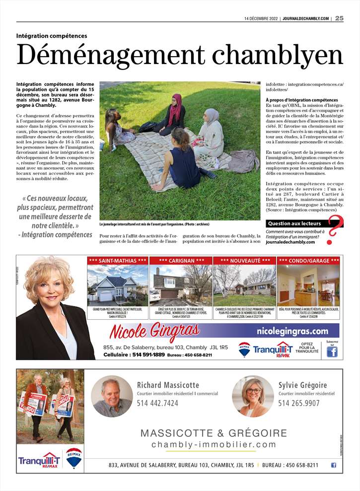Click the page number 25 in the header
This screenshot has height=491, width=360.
click(x=339, y=18)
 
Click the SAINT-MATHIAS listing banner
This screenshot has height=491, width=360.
click(x=117, y=260)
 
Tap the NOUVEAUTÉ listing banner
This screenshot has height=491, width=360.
click(x=245, y=260)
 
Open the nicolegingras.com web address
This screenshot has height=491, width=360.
click(x=292, y=331)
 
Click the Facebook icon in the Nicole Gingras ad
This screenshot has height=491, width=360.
click(x=332, y=351)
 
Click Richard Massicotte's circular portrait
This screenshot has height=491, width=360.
click(x=112, y=396)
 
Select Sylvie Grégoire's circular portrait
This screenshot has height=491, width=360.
click(x=253, y=396)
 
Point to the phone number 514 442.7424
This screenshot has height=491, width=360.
click(x=157, y=403)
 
